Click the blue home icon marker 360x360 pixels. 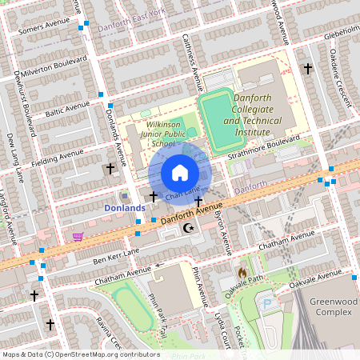click(180, 173)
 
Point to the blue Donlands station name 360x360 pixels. click(125, 208)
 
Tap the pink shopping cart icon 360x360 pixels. click(78, 237)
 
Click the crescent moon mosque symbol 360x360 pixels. click(189, 228)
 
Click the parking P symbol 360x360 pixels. click(268, 304)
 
